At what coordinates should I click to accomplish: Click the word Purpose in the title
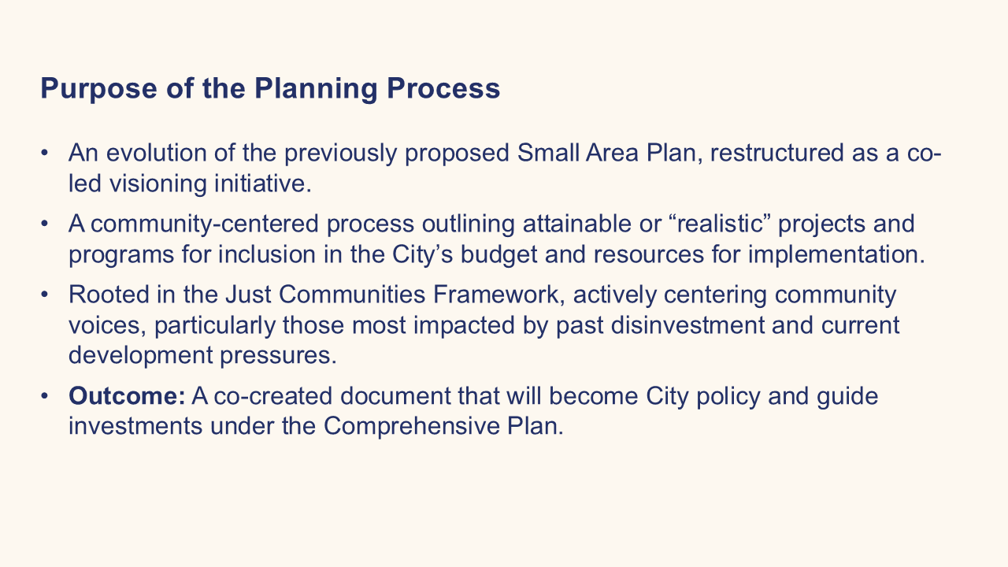tap(98, 89)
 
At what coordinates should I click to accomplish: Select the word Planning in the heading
tap(316, 89)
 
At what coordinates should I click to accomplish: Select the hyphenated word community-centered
tap(205, 224)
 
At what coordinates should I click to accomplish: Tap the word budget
tap(498, 254)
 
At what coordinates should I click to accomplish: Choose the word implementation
tap(836, 254)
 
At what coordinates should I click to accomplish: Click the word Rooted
tap(109, 295)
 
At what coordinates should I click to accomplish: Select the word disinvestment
tap(687, 325)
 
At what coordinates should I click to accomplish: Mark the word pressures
tap(278, 355)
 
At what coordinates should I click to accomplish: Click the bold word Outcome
tap(127, 396)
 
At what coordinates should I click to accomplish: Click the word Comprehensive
tap(411, 426)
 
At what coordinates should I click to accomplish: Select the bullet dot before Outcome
tap(44, 396)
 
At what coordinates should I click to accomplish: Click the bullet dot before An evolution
tap(44, 153)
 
